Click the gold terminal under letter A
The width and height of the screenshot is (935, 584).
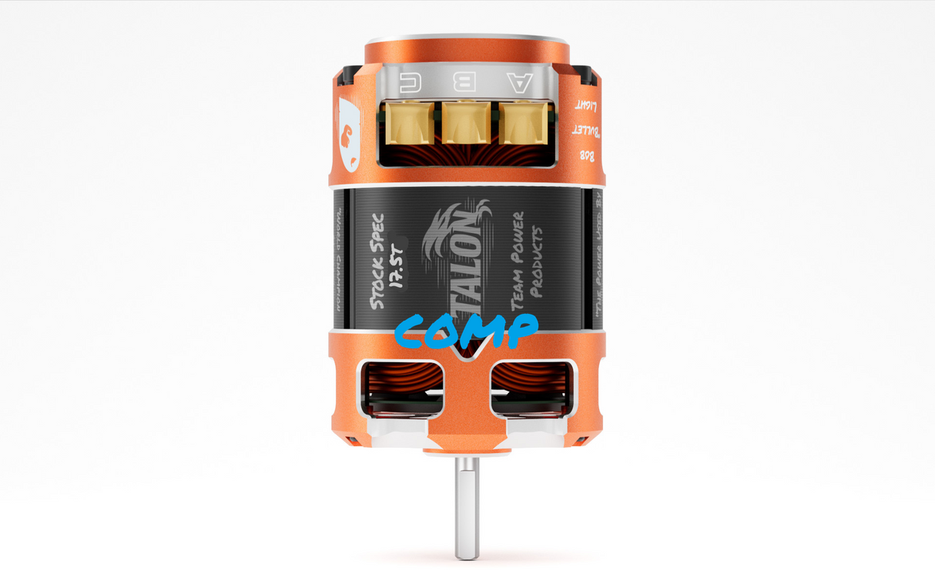click(520, 123)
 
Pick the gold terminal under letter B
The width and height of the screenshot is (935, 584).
click(464, 123)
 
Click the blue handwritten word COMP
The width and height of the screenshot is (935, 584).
click(465, 331)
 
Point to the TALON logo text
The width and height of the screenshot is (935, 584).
click(464, 254)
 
